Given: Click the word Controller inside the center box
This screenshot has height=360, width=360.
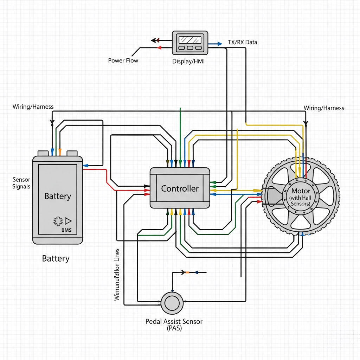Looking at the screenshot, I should click(x=180, y=188).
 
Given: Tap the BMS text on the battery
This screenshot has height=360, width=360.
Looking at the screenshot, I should click(x=66, y=230).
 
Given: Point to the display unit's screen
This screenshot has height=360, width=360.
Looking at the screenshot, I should click(x=189, y=39).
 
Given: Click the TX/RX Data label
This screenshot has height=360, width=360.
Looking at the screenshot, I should click(x=242, y=42).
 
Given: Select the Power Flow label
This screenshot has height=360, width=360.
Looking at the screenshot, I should click(x=123, y=60).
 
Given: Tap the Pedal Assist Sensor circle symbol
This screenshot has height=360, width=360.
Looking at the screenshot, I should click(x=172, y=302).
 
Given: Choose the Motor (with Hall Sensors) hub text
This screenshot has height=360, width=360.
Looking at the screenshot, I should click(x=301, y=197).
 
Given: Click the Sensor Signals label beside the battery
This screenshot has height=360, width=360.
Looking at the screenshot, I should click(x=21, y=183).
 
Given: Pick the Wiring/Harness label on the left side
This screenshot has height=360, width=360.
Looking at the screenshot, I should click(x=33, y=107).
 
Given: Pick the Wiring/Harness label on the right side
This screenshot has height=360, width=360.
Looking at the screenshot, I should click(x=323, y=108).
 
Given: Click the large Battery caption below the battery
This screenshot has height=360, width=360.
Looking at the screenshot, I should click(x=56, y=259).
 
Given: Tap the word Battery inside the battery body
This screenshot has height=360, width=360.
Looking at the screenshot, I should click(x=58, y=196).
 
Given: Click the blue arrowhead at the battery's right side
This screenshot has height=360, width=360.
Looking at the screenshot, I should click(x=85, y=165).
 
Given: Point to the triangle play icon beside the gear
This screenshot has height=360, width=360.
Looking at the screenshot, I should click(x=68, y=221).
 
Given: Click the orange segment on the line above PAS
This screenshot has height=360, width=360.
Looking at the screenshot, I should click(x=187, y=272).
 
